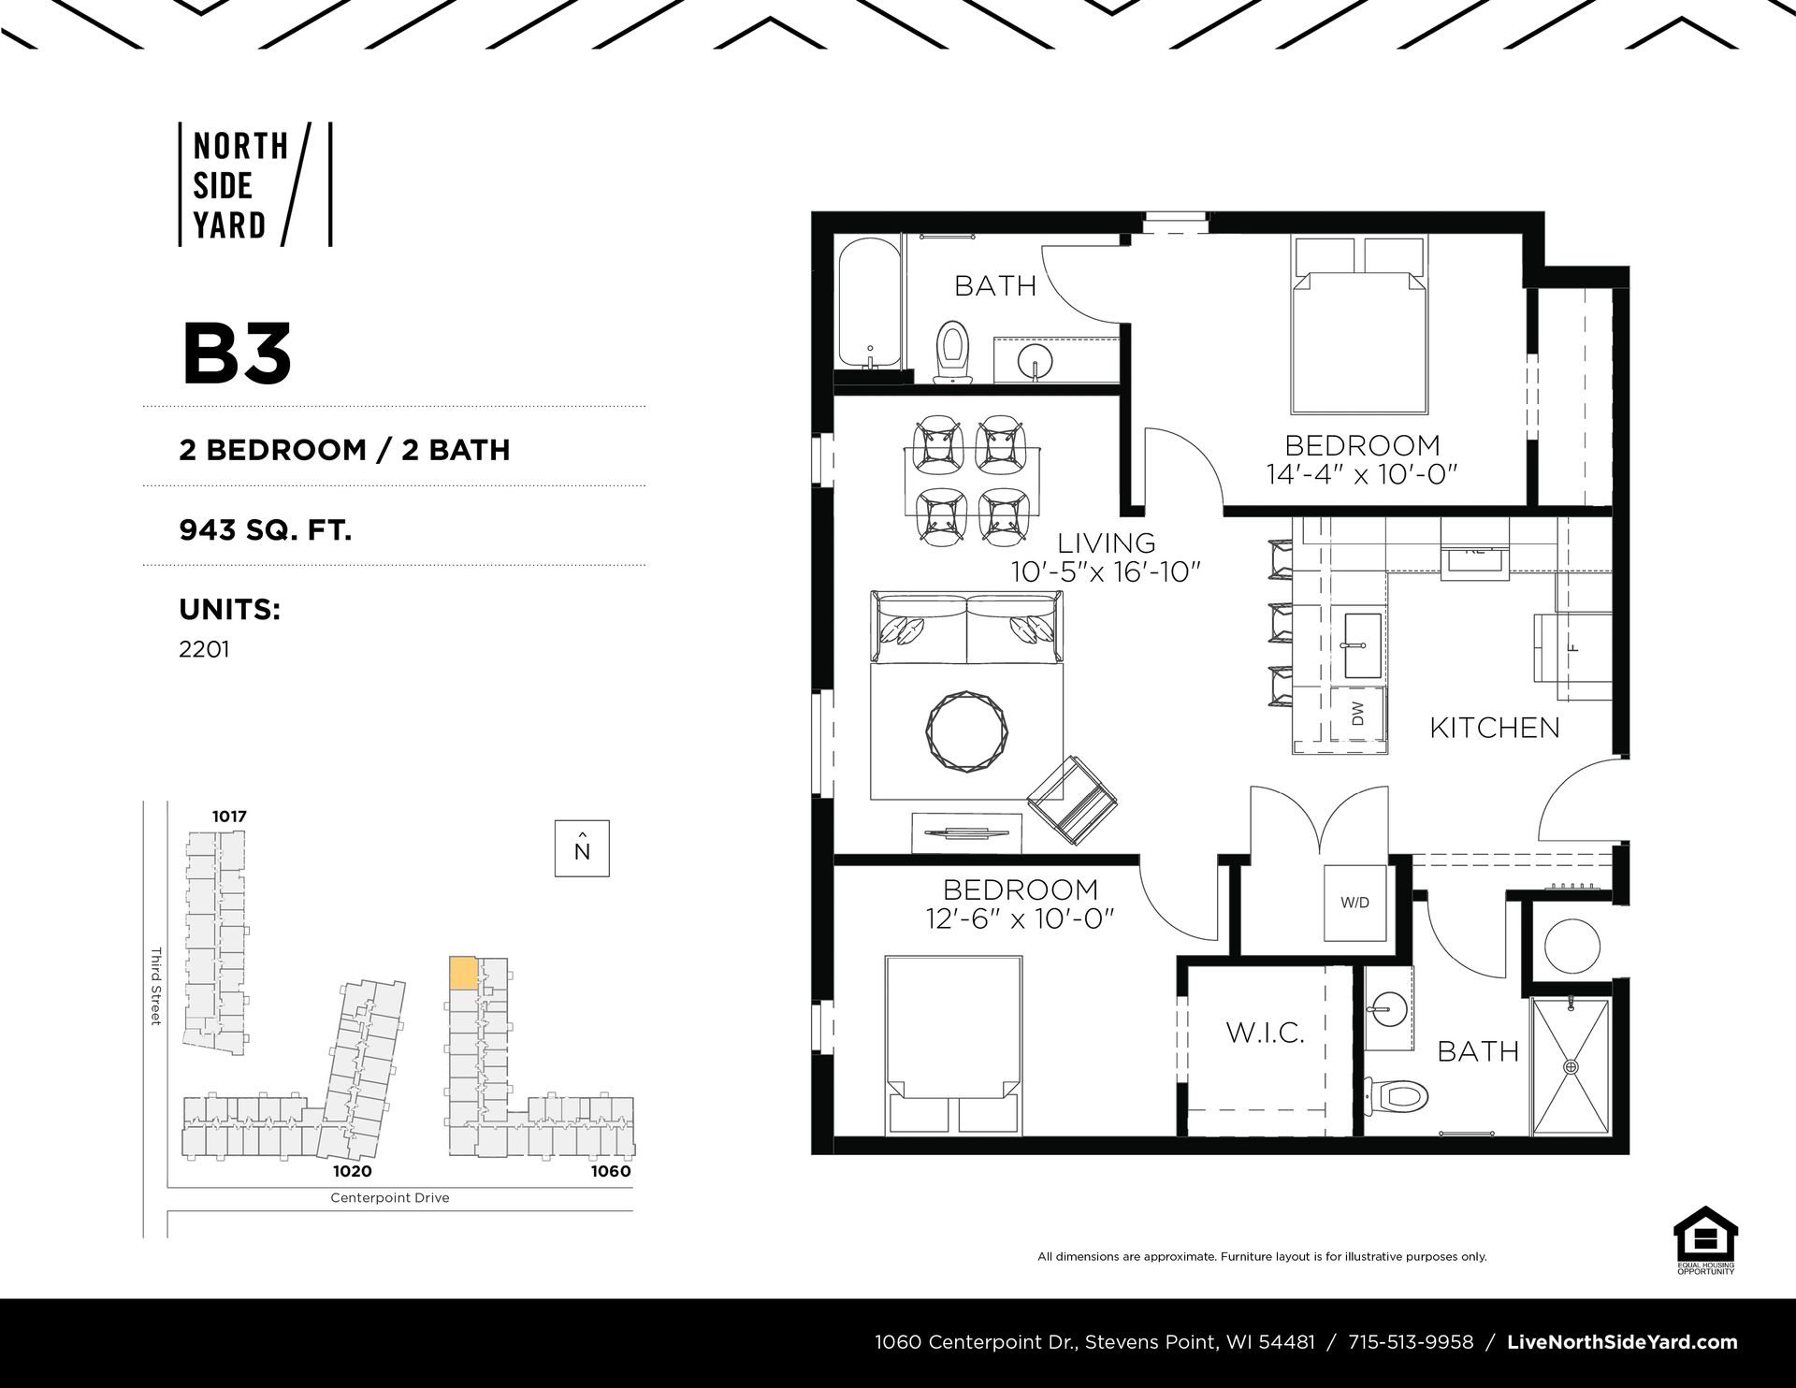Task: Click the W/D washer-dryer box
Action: coord(1355,904)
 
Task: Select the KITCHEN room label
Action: coord(1495,728)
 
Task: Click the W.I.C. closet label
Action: coord(1265,1034)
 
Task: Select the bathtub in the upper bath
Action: coord(870,305)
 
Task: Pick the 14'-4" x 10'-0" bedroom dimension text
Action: coord(1363,475)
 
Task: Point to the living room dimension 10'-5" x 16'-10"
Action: coord(1106,571)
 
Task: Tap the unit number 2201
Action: coord(204,649)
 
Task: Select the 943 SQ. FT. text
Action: coord(266,530)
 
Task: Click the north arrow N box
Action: coord(582,848)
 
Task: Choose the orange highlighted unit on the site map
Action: coord(464,973)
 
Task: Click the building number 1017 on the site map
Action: coord(229,817)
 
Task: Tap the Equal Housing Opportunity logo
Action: coord(1705,1240)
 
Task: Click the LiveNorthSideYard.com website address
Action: coord(1623,1343)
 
